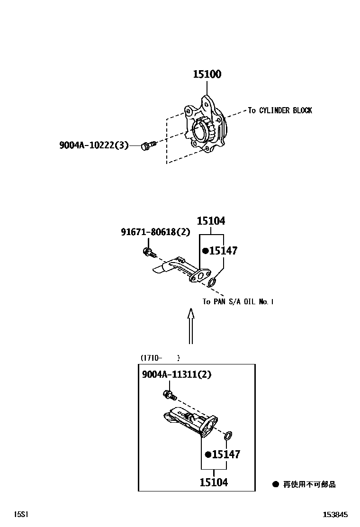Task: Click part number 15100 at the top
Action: (207, 74)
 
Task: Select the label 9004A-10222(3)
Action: (94, 145)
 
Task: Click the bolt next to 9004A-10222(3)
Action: (147, 146)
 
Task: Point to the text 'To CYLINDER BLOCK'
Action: (280, 110)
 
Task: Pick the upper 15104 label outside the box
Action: (211, 221)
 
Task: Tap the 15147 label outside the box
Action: (223, 251)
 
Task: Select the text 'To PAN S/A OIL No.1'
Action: (238, 302)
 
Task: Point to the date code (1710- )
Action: (160, 358)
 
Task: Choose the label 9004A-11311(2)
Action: (177, 374)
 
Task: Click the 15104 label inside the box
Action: (214, 482)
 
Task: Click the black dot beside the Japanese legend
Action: (276, 484)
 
